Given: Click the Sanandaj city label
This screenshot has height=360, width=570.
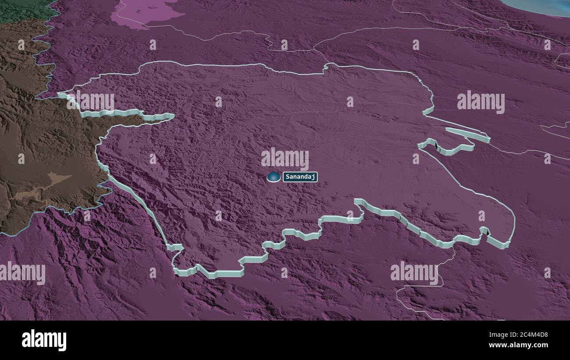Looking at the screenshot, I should [300, 177].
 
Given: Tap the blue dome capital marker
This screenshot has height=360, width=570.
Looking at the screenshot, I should [274, 177].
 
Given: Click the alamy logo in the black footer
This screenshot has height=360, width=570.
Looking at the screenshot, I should [44, 340].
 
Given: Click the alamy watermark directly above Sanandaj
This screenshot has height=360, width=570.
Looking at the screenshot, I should [285, 158].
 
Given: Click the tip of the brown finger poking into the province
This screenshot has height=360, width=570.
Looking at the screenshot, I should [171, 117].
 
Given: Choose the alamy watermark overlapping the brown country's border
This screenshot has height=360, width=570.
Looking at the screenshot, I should [90, 102].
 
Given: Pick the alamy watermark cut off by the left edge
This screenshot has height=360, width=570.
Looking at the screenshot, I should [22, 273].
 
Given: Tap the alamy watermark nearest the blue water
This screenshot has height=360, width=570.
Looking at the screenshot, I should [481, 102].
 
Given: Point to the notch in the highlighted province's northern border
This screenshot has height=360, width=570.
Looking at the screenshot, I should [325, 68].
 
